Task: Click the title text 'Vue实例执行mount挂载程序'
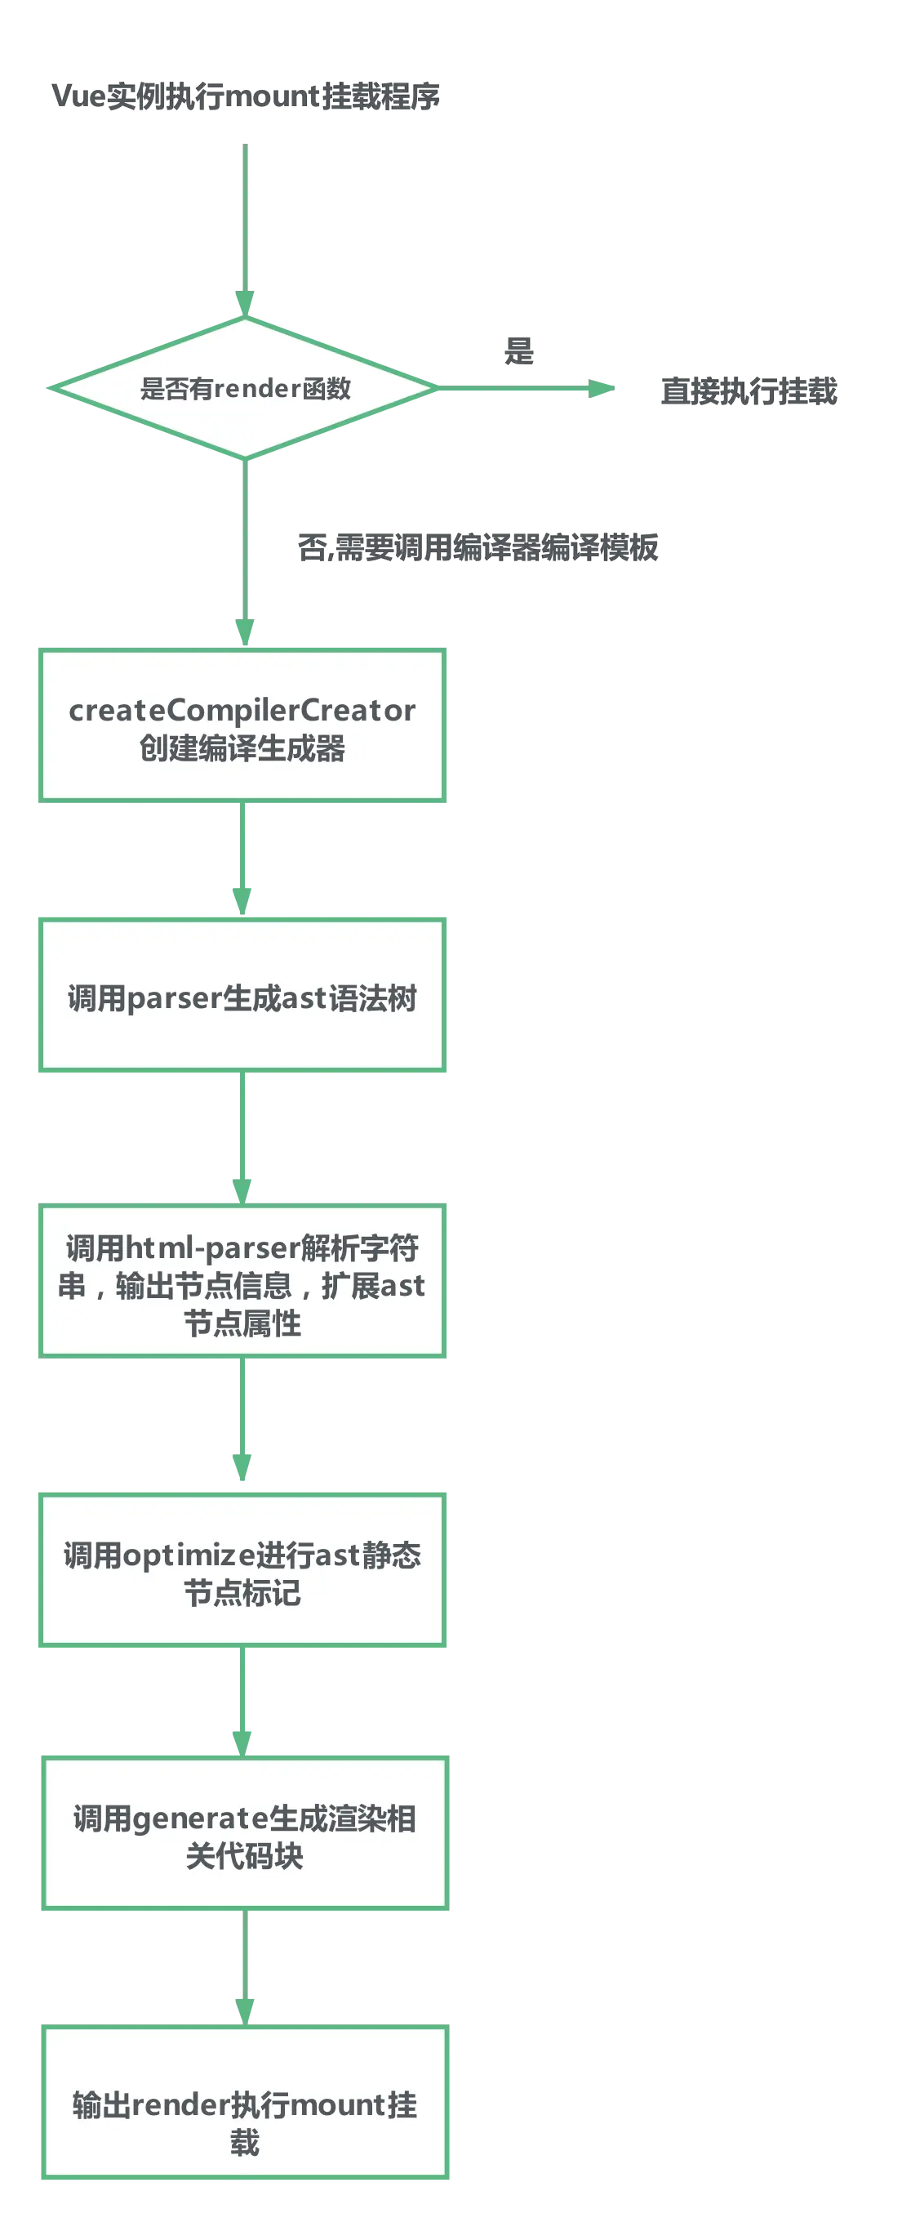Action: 246,95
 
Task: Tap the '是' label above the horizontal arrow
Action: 518,350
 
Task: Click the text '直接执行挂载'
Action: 749,390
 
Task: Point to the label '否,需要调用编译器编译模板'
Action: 478,547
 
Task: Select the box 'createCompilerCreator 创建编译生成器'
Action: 242,725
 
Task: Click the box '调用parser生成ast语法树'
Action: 242,996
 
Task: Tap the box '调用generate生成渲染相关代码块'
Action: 244,1834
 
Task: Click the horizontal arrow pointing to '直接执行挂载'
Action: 525,389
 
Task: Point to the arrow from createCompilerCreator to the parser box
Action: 242,858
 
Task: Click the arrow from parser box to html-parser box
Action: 242,1136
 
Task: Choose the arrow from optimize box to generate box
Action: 242,1700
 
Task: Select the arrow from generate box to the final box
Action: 244,1966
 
